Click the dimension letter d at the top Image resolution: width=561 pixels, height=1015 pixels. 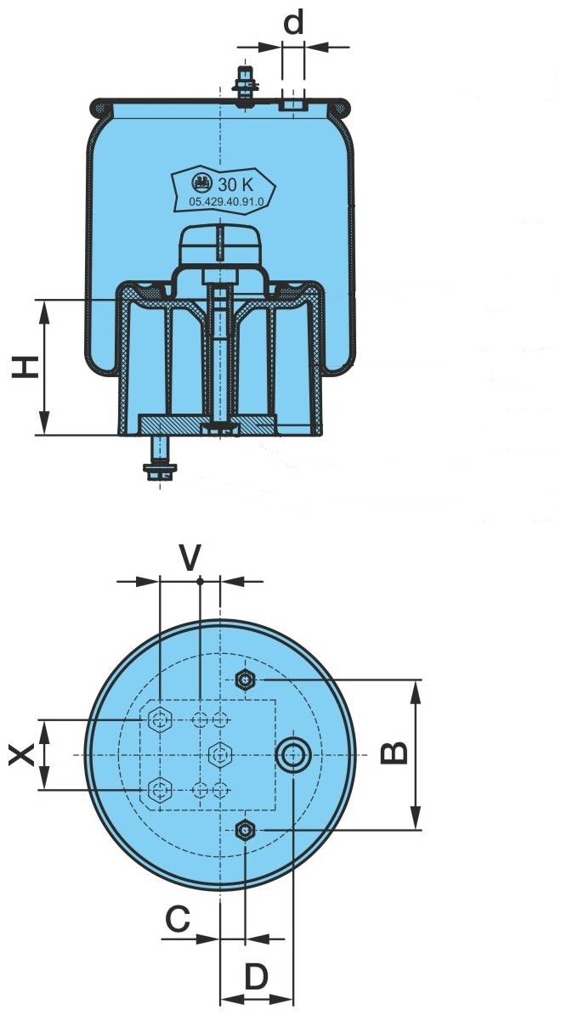[293, 24]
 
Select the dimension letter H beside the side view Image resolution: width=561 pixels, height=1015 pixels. [26, 367]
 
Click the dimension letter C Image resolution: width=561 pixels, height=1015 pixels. [176, 918]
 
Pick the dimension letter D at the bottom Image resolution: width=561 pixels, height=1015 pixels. [256, 978]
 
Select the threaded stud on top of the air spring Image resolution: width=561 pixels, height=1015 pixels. [246, 87]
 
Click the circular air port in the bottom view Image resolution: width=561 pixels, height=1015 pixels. [293, 753]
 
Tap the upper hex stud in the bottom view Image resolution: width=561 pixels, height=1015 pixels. [245, 679]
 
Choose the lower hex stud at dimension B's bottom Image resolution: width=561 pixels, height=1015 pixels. [245, 829]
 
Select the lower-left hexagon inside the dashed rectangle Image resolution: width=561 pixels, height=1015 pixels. [159, 789]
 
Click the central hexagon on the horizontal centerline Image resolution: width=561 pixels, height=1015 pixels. [220, 753]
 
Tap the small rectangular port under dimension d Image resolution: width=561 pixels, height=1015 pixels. [292, 104]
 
